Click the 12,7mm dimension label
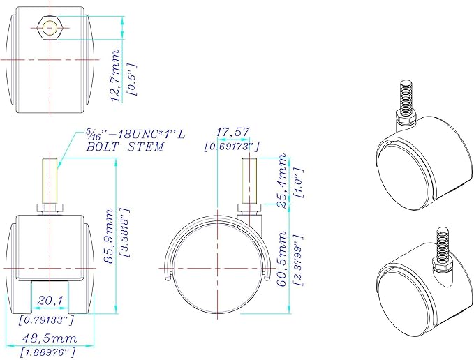(115, 76)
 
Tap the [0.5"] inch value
(133, 80)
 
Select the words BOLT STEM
(125, 147)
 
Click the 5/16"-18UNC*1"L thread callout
(135, 134)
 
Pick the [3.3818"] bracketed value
(125, 232)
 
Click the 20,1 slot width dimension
(50, 301)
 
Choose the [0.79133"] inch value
(46, 320)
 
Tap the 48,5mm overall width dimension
(50, 338)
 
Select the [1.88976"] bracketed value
(47, 352)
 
